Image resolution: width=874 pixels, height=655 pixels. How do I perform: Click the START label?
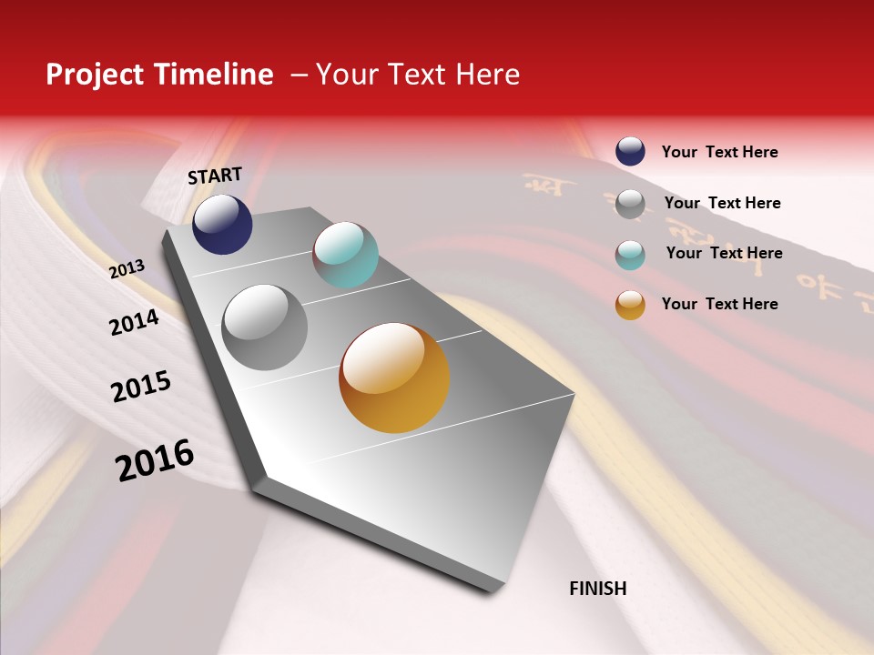(215, 176)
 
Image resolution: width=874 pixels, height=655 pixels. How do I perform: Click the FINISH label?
(597, 589)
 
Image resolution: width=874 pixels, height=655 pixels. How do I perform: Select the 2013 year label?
(127, 269)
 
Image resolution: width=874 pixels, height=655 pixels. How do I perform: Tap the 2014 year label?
(134, 323)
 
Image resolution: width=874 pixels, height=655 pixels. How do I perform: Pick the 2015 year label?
(141, 387)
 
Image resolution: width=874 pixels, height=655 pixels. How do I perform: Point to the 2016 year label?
(155, 460)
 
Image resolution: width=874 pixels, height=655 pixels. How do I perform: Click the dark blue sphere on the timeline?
(222, 224)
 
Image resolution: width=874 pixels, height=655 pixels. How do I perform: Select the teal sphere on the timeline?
(345, 255)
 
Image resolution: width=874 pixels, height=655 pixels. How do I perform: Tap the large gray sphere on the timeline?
(265, 327)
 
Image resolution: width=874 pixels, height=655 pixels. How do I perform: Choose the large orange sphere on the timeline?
(394, 378)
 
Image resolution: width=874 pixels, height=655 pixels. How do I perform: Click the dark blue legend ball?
(630, 151)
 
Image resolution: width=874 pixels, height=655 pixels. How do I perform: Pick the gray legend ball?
(630, 204)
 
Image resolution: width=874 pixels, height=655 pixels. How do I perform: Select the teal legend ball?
(630, 255)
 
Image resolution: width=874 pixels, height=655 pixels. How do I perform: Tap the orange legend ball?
(630, 305)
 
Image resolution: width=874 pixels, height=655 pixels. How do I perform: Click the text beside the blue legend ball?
(719, 152)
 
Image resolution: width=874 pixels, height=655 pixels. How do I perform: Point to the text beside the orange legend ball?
(719, 304)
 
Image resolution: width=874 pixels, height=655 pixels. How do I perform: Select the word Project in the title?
(94, 75)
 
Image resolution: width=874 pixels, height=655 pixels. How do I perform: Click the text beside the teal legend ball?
(724, 253)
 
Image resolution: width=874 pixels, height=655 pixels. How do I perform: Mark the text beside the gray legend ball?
(722, 203)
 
